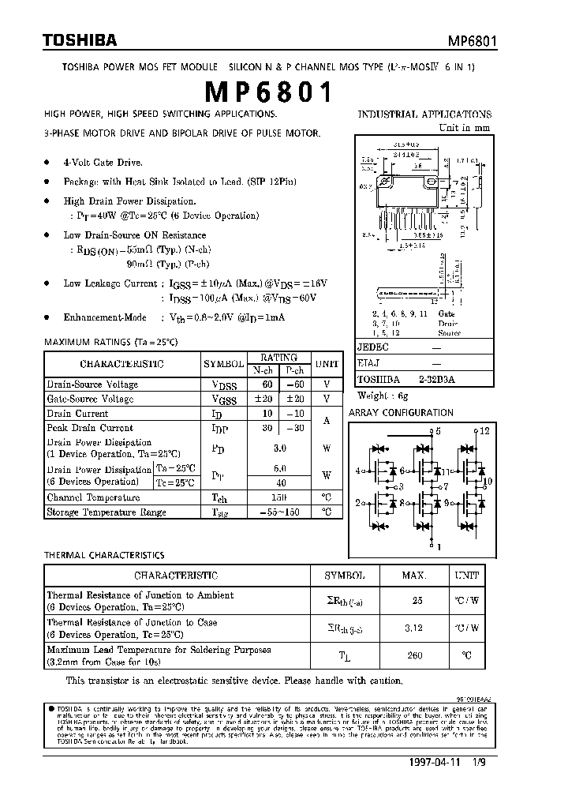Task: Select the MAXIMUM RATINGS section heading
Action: point(111,343)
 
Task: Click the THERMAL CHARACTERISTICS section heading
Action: point(104,556)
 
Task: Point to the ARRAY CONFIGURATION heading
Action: point(401,413)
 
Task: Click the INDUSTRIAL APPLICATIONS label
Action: point(424,114)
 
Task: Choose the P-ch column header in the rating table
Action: point(295,369)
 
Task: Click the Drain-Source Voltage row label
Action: point(92,384)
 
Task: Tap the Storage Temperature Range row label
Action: point(106,512)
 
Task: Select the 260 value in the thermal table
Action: point(416,655)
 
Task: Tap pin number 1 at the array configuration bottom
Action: point(439,546)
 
